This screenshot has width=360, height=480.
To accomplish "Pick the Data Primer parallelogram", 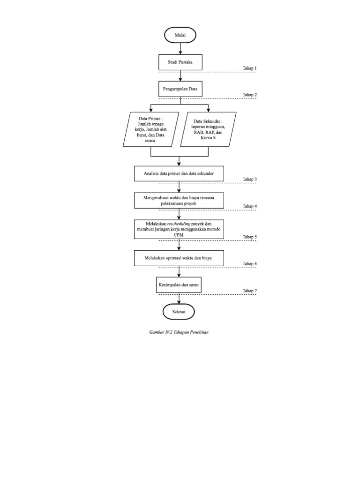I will point(151,129).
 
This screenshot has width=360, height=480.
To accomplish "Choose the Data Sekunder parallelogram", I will point(209,129).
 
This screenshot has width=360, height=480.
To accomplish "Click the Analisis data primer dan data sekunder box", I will point(180,173).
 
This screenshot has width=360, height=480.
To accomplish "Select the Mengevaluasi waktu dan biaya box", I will point(180,201).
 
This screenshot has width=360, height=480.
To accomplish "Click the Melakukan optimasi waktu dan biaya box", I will point(180,257).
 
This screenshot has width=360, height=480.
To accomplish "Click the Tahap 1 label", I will point(249,68).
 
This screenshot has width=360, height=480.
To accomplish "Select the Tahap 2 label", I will point(249,95).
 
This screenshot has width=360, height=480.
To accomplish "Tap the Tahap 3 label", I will point(249,180).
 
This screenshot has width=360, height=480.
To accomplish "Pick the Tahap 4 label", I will point(249,207).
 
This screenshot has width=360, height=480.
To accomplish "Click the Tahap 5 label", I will point(249,237).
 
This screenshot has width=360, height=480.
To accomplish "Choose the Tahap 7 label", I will point(249,291).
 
